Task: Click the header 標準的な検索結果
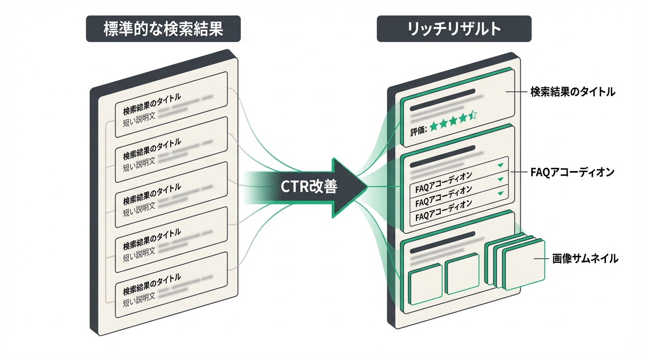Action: pos(163,29)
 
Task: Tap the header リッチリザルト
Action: pos(454,29)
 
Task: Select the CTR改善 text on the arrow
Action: pos(308,187)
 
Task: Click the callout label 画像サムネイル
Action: pos(585,258)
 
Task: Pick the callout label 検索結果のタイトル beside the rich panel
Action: pos(572,92)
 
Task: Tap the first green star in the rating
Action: pos(434,125)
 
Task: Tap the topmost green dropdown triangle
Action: pos(500,165)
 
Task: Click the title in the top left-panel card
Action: pos(151,105)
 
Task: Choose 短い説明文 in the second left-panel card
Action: pos(139,166)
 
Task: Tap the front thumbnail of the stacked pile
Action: pos(525,265)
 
